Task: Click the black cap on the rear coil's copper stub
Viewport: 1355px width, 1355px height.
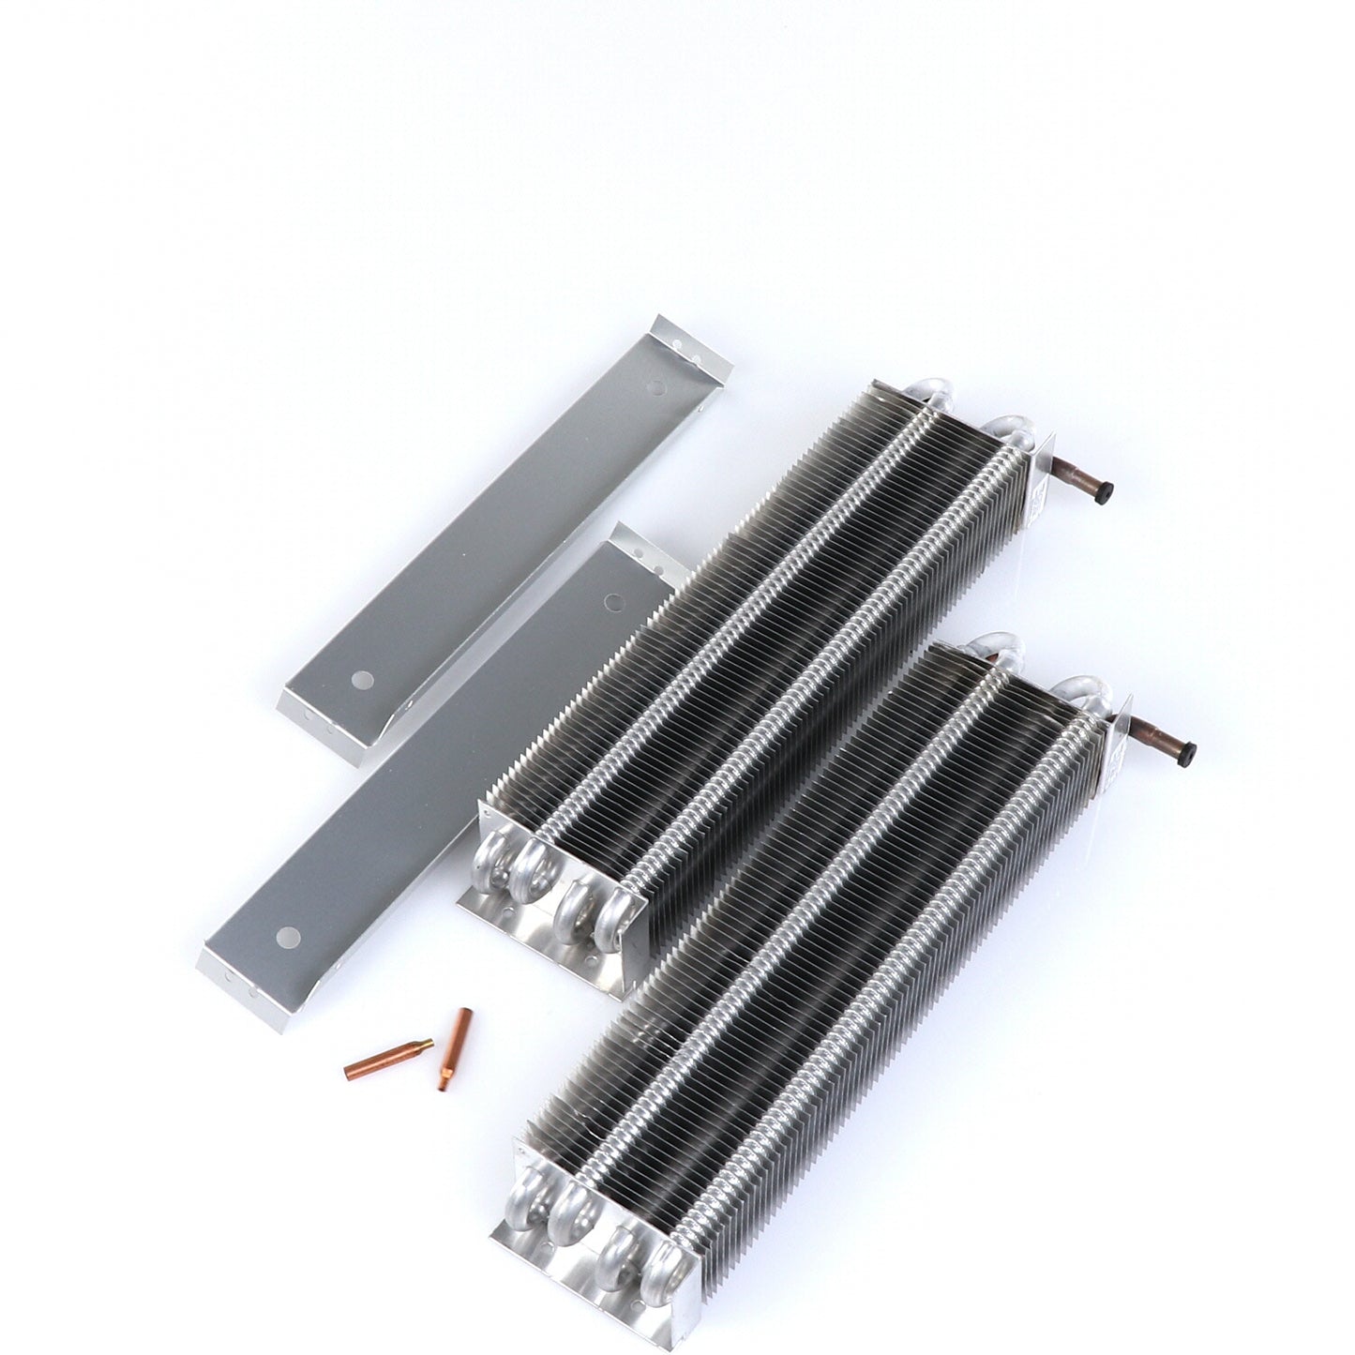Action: click(x=1107, y=490)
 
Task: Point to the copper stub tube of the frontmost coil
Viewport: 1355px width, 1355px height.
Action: click(x=1161, y=732)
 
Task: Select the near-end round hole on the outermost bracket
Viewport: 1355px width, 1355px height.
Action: click(x=357, y=676)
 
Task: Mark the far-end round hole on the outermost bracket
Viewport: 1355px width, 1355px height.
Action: click(x=658, y=386)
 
